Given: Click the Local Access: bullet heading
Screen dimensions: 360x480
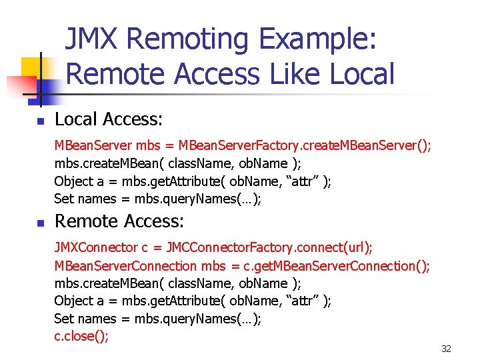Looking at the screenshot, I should pyautogui.click(x=109, y=119).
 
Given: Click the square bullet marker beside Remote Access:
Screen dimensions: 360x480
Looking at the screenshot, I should pyautogui.click(x=40, y=223).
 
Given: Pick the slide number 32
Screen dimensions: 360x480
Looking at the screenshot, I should pyautogui.click(x=446, y=349).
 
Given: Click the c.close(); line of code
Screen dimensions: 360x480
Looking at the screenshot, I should pyautogui.click(x=81, y=336).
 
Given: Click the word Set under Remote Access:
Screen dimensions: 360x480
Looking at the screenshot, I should pyautogui.click(x=63, y=319).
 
